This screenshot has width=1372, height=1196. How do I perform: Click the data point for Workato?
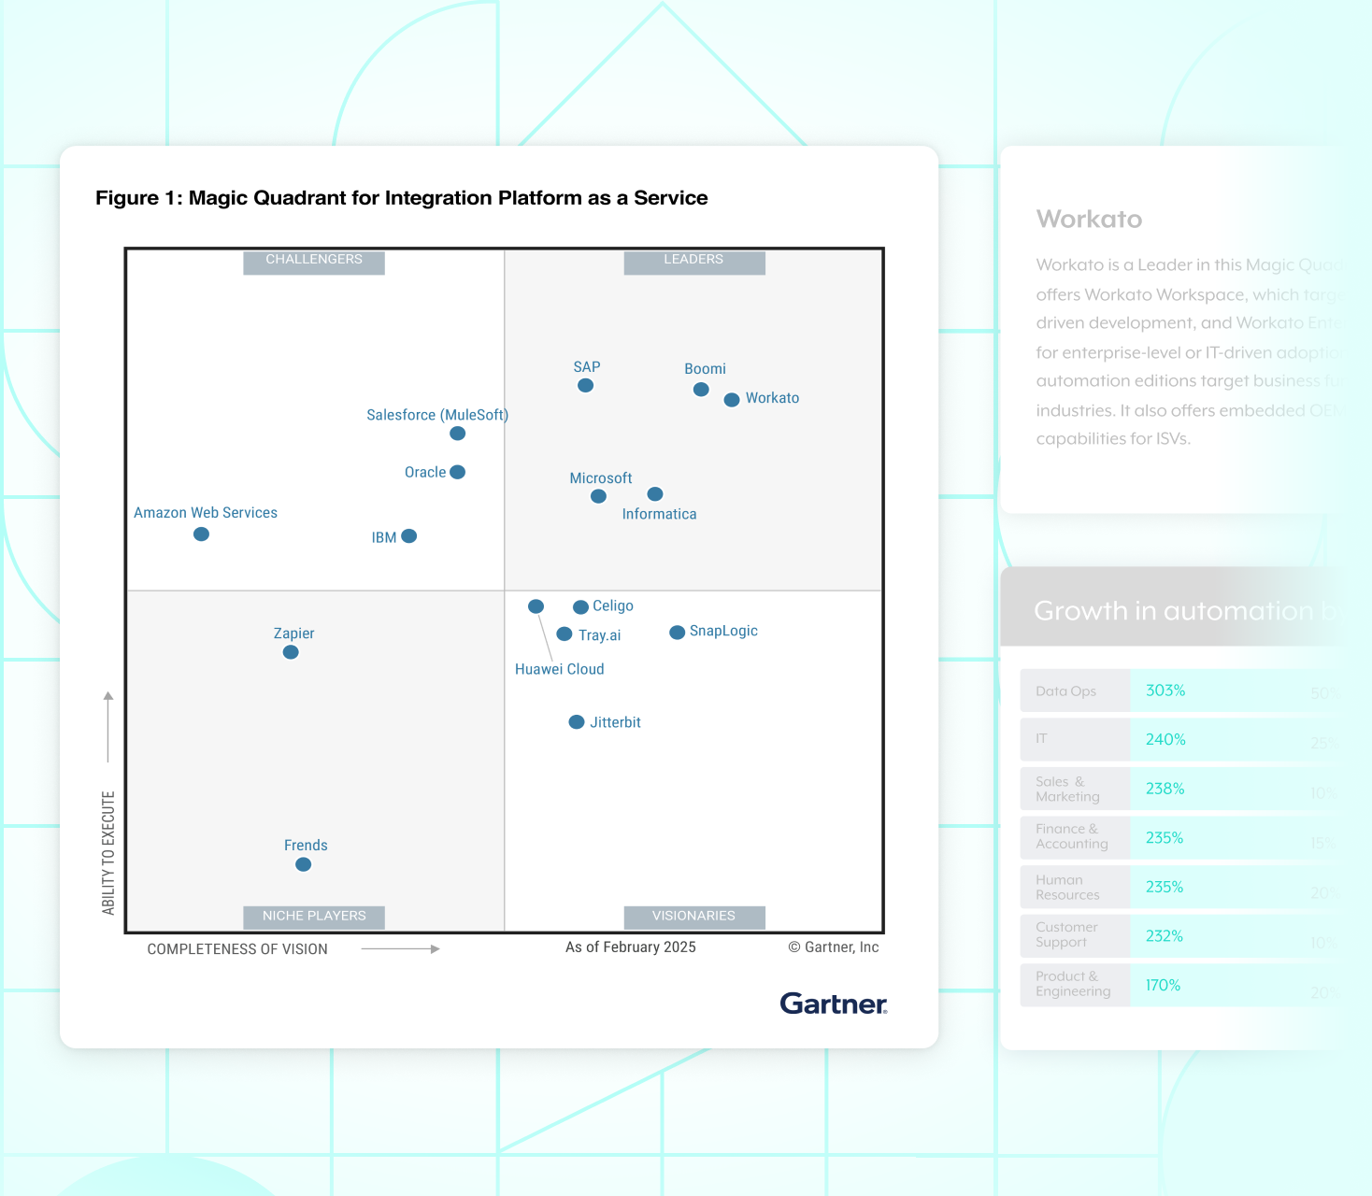[732, 400]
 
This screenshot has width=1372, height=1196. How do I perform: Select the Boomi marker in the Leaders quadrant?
[701, 390]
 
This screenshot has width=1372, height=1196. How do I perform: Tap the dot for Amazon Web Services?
[201, 534]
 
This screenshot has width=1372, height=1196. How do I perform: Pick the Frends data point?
[303, 864]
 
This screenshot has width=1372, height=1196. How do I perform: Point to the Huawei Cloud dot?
[536, 606]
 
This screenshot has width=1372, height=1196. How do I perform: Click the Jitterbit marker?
[577, 722]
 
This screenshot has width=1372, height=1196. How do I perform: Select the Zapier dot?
[291, 652]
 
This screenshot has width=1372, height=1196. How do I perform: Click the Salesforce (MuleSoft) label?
[437, 415]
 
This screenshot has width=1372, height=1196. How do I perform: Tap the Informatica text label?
[659, 514]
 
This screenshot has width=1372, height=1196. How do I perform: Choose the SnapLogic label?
[723, 631]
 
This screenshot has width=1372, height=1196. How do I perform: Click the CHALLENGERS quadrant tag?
[314, 260]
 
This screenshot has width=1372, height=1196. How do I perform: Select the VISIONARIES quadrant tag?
[693, 916]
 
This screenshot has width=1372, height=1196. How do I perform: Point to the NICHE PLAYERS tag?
[314, 916]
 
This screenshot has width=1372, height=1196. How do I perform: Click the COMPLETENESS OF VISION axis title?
[237, 949]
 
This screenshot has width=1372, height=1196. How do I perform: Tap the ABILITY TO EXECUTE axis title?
[108, 852]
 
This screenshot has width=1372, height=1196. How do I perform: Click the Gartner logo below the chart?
[833, 1004]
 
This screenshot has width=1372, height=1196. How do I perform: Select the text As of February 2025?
[631, 947]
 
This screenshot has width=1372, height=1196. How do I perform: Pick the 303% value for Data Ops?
[1165, 691]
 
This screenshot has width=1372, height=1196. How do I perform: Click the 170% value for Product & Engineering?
[1164, 985]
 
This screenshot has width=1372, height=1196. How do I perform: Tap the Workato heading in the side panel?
[1089, 219]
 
